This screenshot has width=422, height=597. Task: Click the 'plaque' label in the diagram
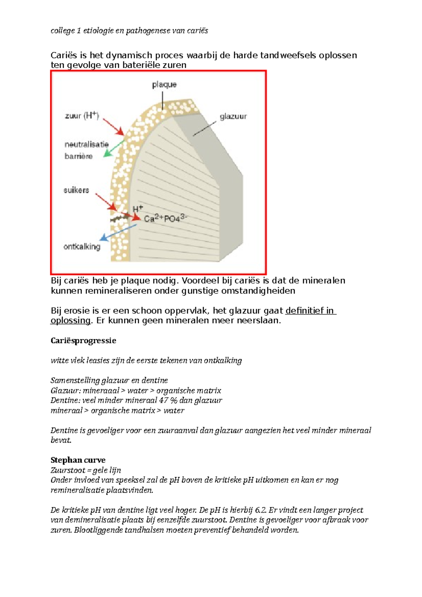pyautogui.click(x=164, y=85)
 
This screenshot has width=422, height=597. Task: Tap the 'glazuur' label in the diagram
pyautogui.click(x=233, y=117)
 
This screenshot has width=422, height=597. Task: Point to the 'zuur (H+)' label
pyautogui.click(x=82, y=116)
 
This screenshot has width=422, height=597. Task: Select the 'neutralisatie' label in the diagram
pyautogui.click(x=87, y=145)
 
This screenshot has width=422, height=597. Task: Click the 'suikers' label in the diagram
pyautogui.click(x=76, y=190)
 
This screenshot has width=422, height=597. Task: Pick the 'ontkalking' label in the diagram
pyautogui.click(x=82, y=247)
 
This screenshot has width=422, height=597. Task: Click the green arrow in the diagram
pyautogui.click(x=114, y=148)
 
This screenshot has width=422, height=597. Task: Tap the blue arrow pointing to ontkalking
pyautogui.click(x=118, y=232)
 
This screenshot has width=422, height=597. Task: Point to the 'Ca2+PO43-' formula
pyautogui.click(x=166, y=219)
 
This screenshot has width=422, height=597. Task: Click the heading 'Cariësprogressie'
pyautogui.click(x=83, y=341)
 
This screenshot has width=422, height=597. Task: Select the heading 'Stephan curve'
pyautogui.click(x=78, y=460)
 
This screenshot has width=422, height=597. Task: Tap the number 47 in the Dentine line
pyautogui.click(x=164, y=400)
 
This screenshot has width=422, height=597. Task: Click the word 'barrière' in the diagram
pyautogui.click(x=78, y=156)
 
